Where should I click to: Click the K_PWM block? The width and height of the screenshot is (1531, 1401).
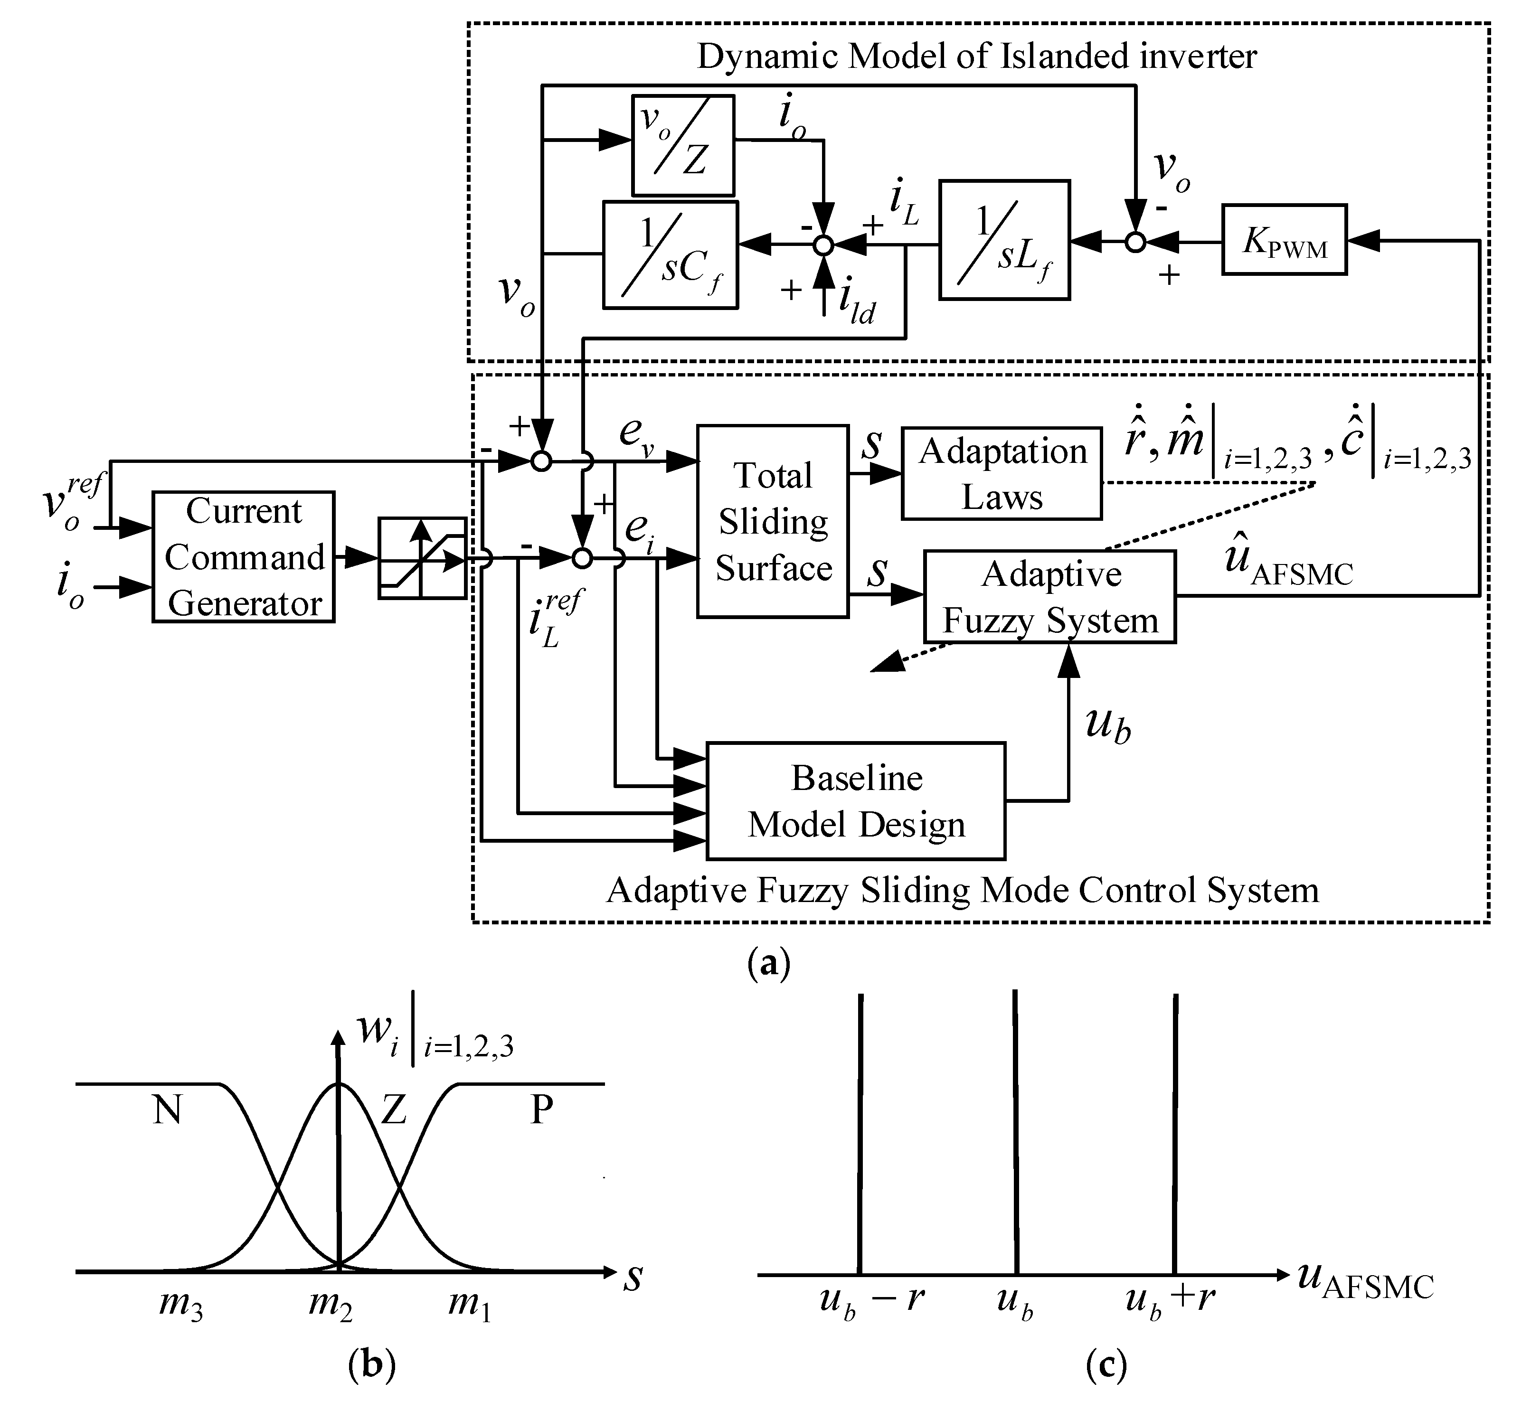pyautogui.click(x=1284, y=240)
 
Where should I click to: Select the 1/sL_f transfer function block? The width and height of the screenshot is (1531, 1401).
pyautogui.click(x=1004, y=240)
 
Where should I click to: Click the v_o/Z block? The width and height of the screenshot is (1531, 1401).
pyautogui.click(x=683, y=145)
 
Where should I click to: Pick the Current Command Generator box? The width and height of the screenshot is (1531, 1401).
pyautogui.click(x=243, y=556)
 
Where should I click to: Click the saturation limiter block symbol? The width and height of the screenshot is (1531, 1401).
pyautogui.click(x=422, y=558)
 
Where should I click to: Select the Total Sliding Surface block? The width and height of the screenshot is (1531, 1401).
pyautogui.click(x=772, y=521)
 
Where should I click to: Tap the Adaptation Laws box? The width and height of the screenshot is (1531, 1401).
pyautogui.click(x=1001, y=474)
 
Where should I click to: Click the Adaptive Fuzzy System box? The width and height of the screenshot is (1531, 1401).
pyautogui.click(x=1049, y=597)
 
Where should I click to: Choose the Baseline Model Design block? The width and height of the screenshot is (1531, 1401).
pyautogui.click(x=856, y=801)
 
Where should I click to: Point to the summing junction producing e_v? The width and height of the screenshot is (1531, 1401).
pyautogui.click(x=541, y=461)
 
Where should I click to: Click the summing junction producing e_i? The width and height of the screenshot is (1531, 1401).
pyautogui.click(x=582, y=559)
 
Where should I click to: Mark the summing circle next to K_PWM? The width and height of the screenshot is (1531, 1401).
pyautogui.click(x=1134, y=242)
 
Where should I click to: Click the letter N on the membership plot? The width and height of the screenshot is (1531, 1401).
pyautogui.click(x=167, y=1110)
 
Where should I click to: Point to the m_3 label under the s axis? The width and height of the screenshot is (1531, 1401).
pyautogui.click(x=181, y=1305)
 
